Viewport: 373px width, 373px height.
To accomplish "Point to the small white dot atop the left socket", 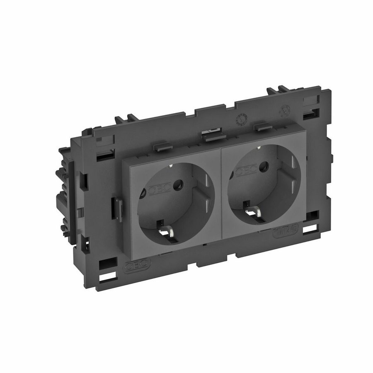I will coord(171,166).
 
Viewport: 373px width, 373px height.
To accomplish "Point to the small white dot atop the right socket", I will coord(259,147).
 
